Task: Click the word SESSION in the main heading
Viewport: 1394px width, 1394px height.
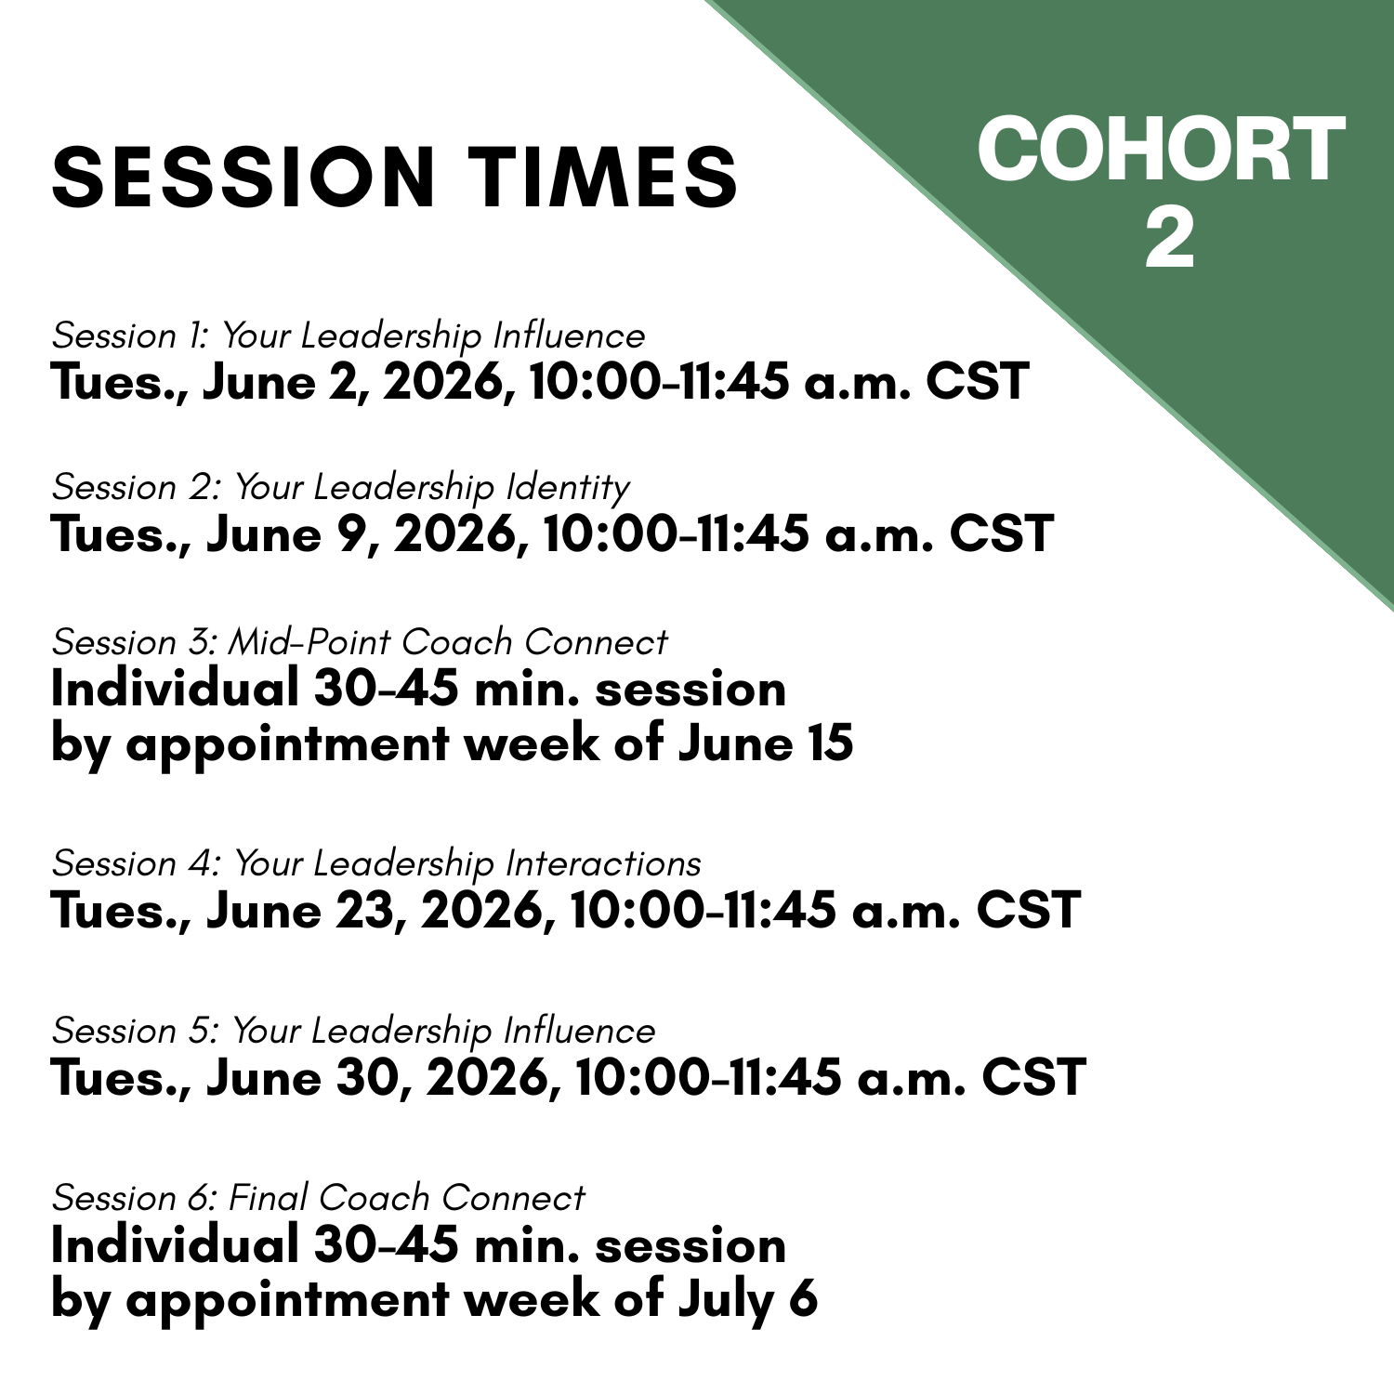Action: [x=244, y=177]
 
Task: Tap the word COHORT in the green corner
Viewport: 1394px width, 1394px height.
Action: [x=1161, y=150]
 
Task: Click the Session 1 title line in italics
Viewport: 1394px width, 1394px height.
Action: [x=348, y=336]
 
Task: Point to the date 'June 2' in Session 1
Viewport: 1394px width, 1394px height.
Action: [x=283, y=382]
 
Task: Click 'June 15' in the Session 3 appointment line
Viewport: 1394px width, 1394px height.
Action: [x=765, y=743]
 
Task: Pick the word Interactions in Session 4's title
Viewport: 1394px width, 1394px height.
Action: [x=603, y=864]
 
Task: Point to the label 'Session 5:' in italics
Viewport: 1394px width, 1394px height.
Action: [x=136, y=1032]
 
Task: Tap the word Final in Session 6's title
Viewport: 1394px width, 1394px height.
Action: [x=267, y=1199]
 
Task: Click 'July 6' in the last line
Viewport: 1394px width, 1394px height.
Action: [x=747, y=1299]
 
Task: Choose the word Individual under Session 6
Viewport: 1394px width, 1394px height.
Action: [x=174, y=1245]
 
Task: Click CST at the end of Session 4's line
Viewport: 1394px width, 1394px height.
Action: [x=1028, y=910]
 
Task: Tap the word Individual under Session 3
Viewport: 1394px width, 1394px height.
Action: [x=174, y=689]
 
